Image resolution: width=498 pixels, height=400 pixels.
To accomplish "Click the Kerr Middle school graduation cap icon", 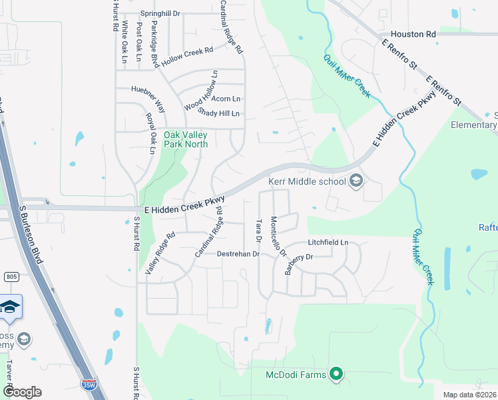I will click(356, 181).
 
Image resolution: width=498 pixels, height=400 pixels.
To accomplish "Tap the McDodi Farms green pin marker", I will click(336, 375).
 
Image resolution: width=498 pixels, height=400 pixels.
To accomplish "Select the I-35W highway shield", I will click(88, 384).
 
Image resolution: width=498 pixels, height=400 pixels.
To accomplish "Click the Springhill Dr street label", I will click(160, 13).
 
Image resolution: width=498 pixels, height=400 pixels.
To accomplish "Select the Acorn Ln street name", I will click(225, 99).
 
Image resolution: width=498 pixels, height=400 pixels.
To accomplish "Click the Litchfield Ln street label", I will click(328, 242).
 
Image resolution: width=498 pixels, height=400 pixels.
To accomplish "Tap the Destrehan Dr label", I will click(238, 254).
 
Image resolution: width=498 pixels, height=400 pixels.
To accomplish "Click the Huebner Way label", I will click(148, 97).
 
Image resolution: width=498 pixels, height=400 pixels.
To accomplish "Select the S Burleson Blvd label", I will click(31, 233).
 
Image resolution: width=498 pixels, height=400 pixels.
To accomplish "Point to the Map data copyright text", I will click(470, 395).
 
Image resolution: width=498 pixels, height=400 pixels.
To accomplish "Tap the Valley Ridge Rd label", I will click(160, 252).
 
